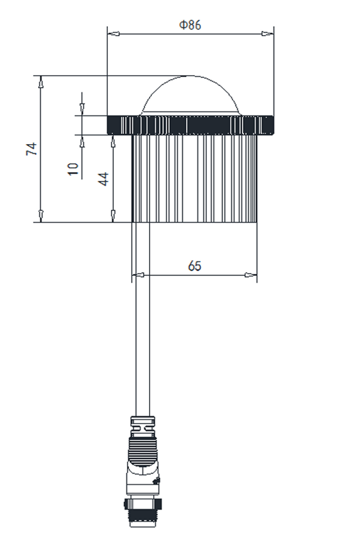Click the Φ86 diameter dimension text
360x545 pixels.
click(190, 26)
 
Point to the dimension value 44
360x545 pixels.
click(104, 179)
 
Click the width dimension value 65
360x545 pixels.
click(194, 266)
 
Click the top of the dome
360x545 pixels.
click(190, 77)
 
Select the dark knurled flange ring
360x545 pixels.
click(190, 125)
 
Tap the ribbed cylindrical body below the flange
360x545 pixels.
click(194, 179)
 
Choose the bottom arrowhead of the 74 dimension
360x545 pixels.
click(41, 217)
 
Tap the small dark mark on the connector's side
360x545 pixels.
click(156, 480)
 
